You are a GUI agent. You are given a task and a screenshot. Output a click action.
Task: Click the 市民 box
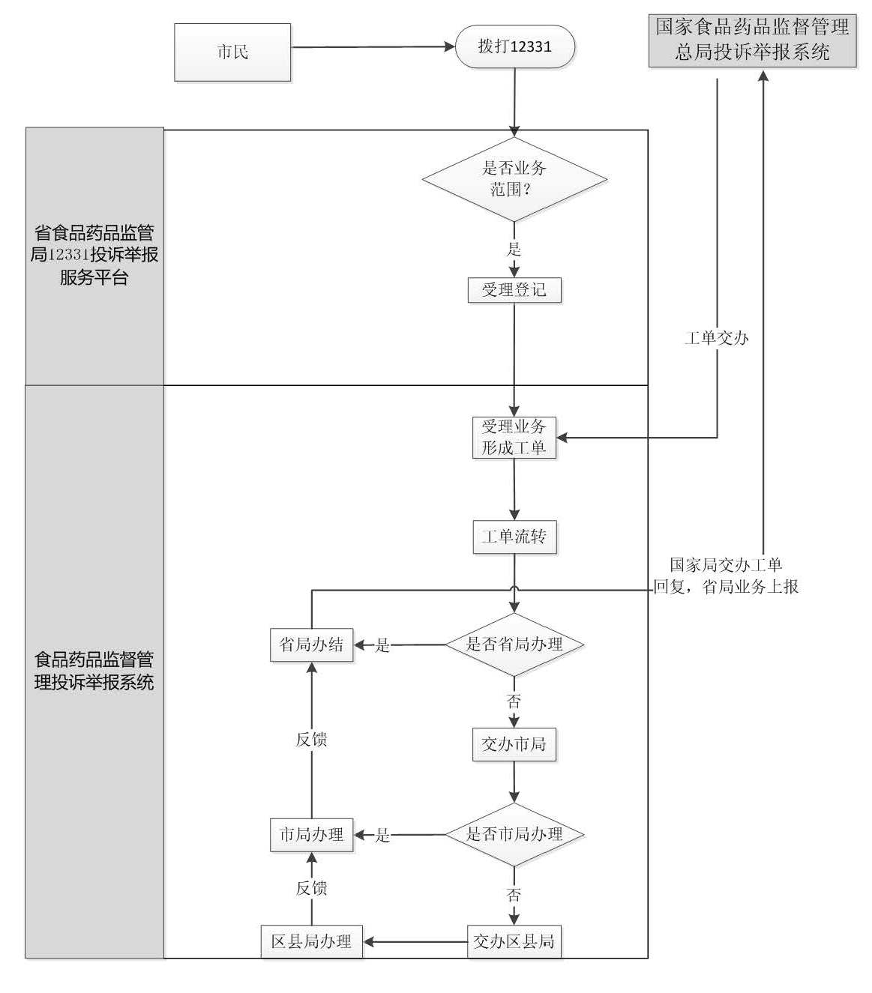pyautogui.click(x=232, y=52)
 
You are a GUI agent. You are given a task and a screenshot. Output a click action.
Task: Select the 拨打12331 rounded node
pyautogui.click(x=514, y=46)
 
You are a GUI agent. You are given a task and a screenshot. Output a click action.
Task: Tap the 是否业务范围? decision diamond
pyautogui.click(x=514, y=179)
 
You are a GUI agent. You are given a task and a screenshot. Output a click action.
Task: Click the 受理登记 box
pyautogui.click(x=514, y=290)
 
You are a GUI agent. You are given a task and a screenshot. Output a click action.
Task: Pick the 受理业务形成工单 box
pyautogui.click(x=514, y=438)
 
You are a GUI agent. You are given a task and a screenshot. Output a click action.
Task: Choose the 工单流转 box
pyautogui.click(x=514, y=537)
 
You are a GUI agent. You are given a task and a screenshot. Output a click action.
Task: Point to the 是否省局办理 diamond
pyautogui.click(x=514, y=645)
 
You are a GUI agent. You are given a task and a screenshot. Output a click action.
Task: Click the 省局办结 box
pyautogui.click(x=311, y=645)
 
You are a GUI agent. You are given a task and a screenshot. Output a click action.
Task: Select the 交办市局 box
pyautogui.click(x=514, y=744)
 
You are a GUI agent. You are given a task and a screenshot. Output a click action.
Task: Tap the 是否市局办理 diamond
pyautogui.click(x=514, y=834)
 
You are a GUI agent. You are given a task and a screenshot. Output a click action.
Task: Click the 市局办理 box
pyautogui.click(x=311, y=834)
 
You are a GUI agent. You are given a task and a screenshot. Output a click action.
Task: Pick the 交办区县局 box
pyautogui.click(x=514, y=941)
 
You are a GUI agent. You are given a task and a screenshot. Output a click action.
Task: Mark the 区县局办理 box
pyautogui.click(x=311, y=941)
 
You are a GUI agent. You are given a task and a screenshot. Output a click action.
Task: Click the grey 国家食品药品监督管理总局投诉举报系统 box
pyautogui.click(x=752, y=40)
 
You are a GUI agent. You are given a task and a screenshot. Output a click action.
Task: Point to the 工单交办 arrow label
pyautogui.click(x=716, y=338)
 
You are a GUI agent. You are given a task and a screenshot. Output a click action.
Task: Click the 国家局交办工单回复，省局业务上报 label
pyautogui.click(x=726, y=576)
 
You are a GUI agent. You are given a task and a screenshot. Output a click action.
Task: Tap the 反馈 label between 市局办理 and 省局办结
pyautogui.click(x=311, y=740)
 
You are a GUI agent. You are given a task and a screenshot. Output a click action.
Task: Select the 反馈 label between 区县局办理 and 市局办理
pyautogui.click(x=311, y=888)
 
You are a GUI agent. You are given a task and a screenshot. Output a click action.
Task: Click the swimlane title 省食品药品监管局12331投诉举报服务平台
pyautogui.click(x=94, y=256)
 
